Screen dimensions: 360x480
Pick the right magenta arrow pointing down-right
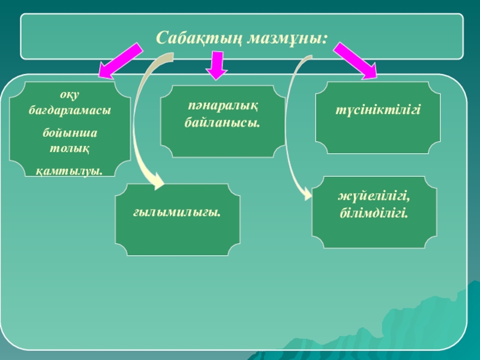(x=355, y=60)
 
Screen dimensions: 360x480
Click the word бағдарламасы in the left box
(x=71, y=112)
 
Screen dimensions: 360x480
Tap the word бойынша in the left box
(x=70, y=132)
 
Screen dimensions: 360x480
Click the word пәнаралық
(x=222, y=107)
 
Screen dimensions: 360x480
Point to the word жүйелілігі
(x=377, y=197)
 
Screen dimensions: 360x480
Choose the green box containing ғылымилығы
(x=178, y=220)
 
